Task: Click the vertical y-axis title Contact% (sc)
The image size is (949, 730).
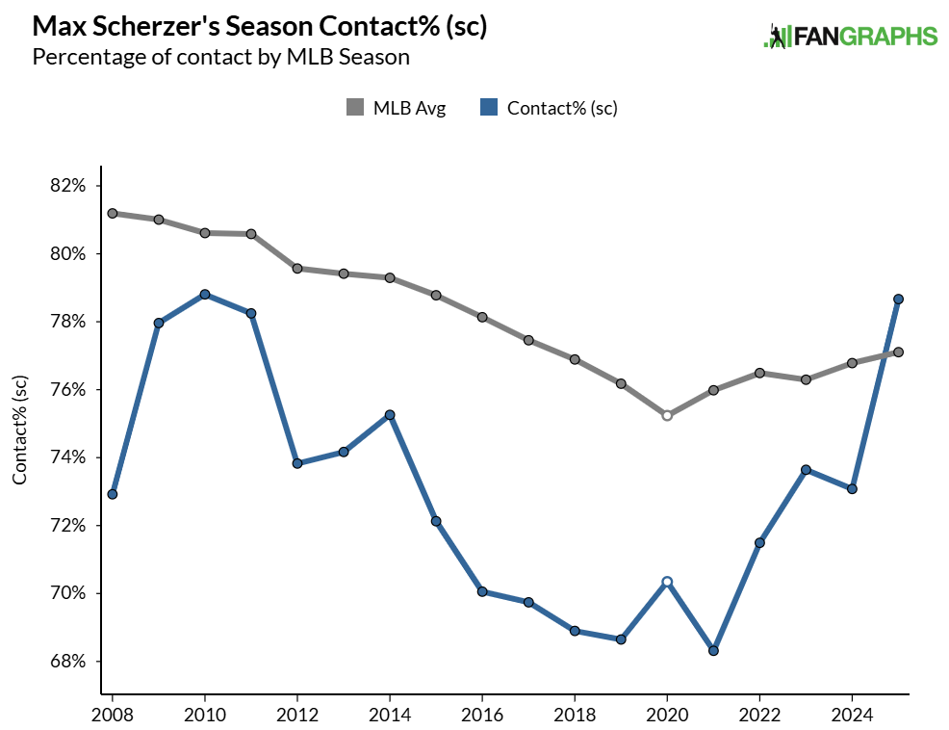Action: (x=20, y=430)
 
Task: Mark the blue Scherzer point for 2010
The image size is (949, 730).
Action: (x=205, y=294)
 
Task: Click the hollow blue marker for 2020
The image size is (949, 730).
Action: (x=667, y=582)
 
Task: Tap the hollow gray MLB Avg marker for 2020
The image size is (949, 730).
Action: (x=667, y=415)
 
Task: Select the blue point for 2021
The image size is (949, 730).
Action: (x=713, y=651)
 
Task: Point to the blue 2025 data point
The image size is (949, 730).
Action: (x=898, y=299)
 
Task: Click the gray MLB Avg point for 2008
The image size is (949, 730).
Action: (x=113, y=213)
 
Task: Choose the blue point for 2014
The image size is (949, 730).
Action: (x=390, y=415)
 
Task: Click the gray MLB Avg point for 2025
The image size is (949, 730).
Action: (x=898, y=352)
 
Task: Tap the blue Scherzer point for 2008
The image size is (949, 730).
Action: (x=113, y=494)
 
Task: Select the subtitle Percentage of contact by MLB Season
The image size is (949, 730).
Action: (x=221, y=57)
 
